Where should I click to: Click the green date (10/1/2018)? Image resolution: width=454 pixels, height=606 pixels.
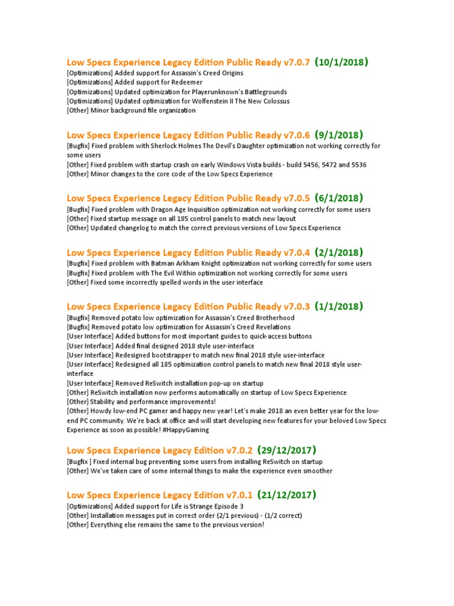342,62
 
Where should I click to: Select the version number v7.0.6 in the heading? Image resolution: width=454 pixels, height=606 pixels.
297,134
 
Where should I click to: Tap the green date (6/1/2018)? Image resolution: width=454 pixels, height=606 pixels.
339,198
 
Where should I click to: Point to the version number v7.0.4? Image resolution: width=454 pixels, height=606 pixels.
297,252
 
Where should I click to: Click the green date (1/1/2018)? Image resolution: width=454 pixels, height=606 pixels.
339,306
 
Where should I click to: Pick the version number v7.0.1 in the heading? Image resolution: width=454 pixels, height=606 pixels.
239,495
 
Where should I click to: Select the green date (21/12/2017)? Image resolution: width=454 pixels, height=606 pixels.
287,495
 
